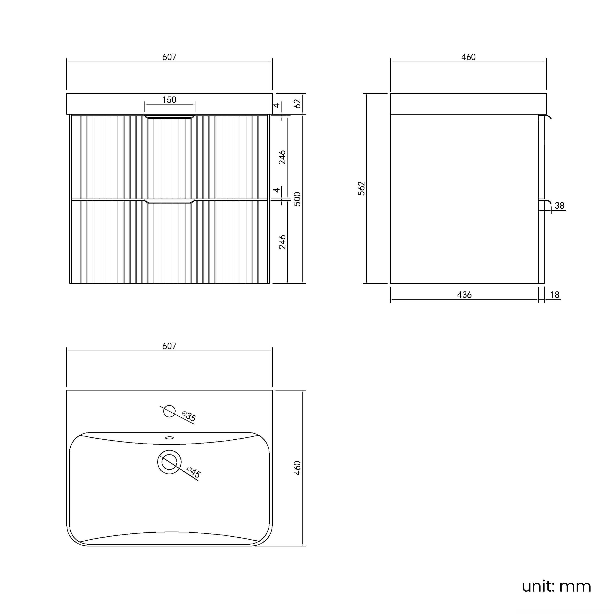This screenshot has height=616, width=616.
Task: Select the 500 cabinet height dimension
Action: (x=297, y=199)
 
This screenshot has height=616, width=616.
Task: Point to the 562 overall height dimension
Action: (x=362, y=188)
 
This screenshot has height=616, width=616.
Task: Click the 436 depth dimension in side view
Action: (x=464, y=295)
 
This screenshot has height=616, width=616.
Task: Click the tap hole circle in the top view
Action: (x=169, y=411)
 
